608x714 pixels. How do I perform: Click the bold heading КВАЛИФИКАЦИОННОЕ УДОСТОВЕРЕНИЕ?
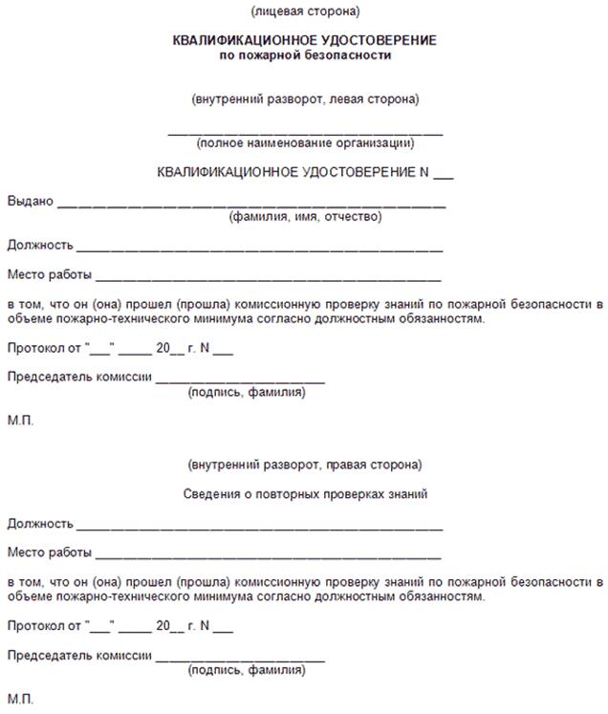tap(304, 41)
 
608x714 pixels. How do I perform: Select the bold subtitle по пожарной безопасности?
tap(304, 55)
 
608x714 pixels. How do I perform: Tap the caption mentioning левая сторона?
tap(304, 98)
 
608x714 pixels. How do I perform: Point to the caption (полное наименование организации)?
tap(304, 143)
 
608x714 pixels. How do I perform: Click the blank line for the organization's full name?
tap(304, 132)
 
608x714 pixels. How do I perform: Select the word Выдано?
tap(30, 202)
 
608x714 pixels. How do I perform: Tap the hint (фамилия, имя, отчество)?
tap(304, 216)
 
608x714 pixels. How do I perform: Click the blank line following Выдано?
tap(251, 205)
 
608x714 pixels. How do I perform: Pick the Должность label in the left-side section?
tap(40, 246)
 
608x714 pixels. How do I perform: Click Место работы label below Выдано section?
tap(50, 275)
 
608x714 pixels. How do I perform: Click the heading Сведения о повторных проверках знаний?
tap(304, 494)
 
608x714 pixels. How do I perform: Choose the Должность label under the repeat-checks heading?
tap(40, 524)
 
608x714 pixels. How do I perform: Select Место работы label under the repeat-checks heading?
tap(50, 552)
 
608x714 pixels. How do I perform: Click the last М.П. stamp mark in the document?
tap(19, 699)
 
